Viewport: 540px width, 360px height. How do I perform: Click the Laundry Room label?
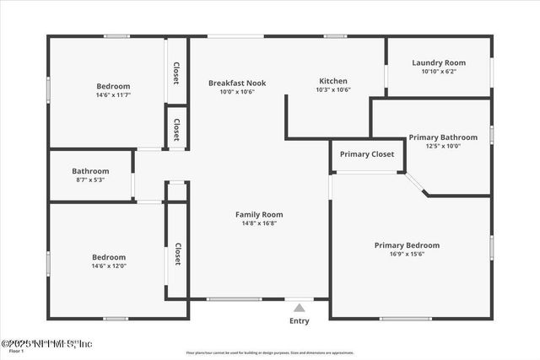[439, 63]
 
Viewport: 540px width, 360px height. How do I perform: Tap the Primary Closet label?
[367, 154]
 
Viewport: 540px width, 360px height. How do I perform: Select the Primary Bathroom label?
[443, 137]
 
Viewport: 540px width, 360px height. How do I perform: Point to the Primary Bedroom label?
[407, 245]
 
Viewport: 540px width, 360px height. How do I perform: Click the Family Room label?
[258, 214]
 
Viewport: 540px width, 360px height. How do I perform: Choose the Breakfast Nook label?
[237, 83]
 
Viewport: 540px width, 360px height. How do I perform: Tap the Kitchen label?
[333, 81]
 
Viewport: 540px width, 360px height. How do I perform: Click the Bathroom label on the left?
[90, 170]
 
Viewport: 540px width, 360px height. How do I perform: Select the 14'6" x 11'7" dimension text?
[113, 94]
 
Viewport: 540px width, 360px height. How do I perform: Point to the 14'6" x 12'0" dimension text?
[109, 266]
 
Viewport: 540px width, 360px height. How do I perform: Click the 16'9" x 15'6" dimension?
[407, 254]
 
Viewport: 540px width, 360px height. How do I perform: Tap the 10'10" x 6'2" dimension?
[439, 72]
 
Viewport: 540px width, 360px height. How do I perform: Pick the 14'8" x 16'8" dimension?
[258, 223]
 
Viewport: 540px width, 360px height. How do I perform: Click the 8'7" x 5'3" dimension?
[90, 179]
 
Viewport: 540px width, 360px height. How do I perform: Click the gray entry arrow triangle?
[299, 309]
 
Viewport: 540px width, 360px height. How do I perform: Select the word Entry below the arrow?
[300, 320]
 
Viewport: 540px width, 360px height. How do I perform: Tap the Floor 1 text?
[16, 352]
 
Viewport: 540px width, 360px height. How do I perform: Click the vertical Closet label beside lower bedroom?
[177, 255]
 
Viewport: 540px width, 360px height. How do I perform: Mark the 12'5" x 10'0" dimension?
[443, 145]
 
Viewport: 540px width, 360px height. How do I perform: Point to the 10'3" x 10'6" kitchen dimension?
[333, 89]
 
